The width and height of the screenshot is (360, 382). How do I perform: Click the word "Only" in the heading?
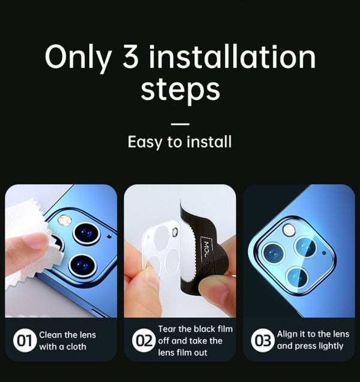point(79,59)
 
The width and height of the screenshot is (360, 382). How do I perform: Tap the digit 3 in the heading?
point(130,56)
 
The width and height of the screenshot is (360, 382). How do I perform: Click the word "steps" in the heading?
point(181,91)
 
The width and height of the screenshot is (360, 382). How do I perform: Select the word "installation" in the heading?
point(232,56)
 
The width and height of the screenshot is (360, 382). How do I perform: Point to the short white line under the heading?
point(180,124)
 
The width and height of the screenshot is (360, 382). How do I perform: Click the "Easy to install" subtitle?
point(179,142)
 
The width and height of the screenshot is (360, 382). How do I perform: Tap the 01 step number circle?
point(25,341)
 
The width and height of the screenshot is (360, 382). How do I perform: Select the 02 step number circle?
point(143,341)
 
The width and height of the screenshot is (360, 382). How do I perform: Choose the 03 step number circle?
point(263,341)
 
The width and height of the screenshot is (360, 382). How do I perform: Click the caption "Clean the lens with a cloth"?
point(68,341)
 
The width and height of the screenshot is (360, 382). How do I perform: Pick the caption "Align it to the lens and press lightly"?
point(313,340)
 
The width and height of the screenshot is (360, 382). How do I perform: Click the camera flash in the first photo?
point(65,220)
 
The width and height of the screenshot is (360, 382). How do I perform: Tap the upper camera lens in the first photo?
point(86,234)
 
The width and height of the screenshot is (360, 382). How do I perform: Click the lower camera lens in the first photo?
point(82,265)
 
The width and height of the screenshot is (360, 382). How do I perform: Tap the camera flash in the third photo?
point(289,230)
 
